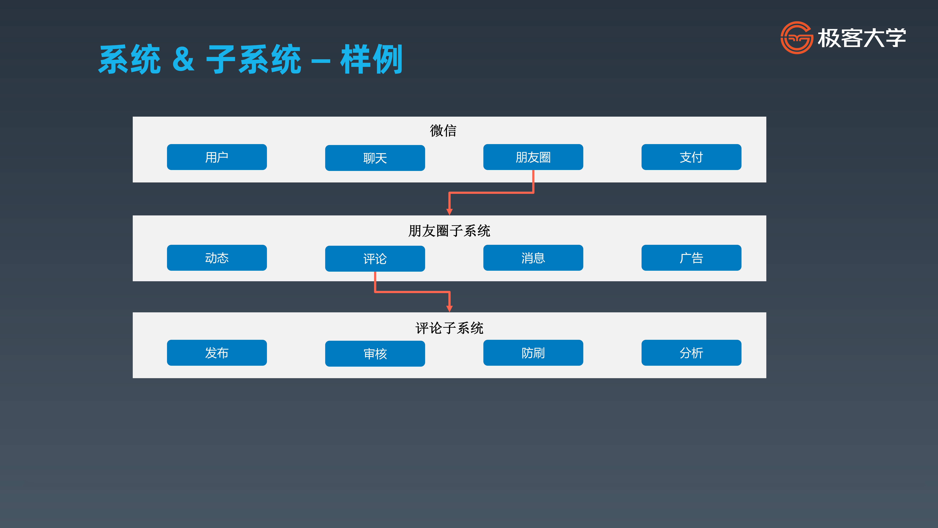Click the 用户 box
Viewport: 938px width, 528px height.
pos(217,157)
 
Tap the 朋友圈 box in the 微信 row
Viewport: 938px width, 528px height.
pos(533,157)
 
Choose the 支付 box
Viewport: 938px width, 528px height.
pos(691,157)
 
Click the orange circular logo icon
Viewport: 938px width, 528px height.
pos(796,38)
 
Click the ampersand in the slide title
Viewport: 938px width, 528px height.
pos(184,59)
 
